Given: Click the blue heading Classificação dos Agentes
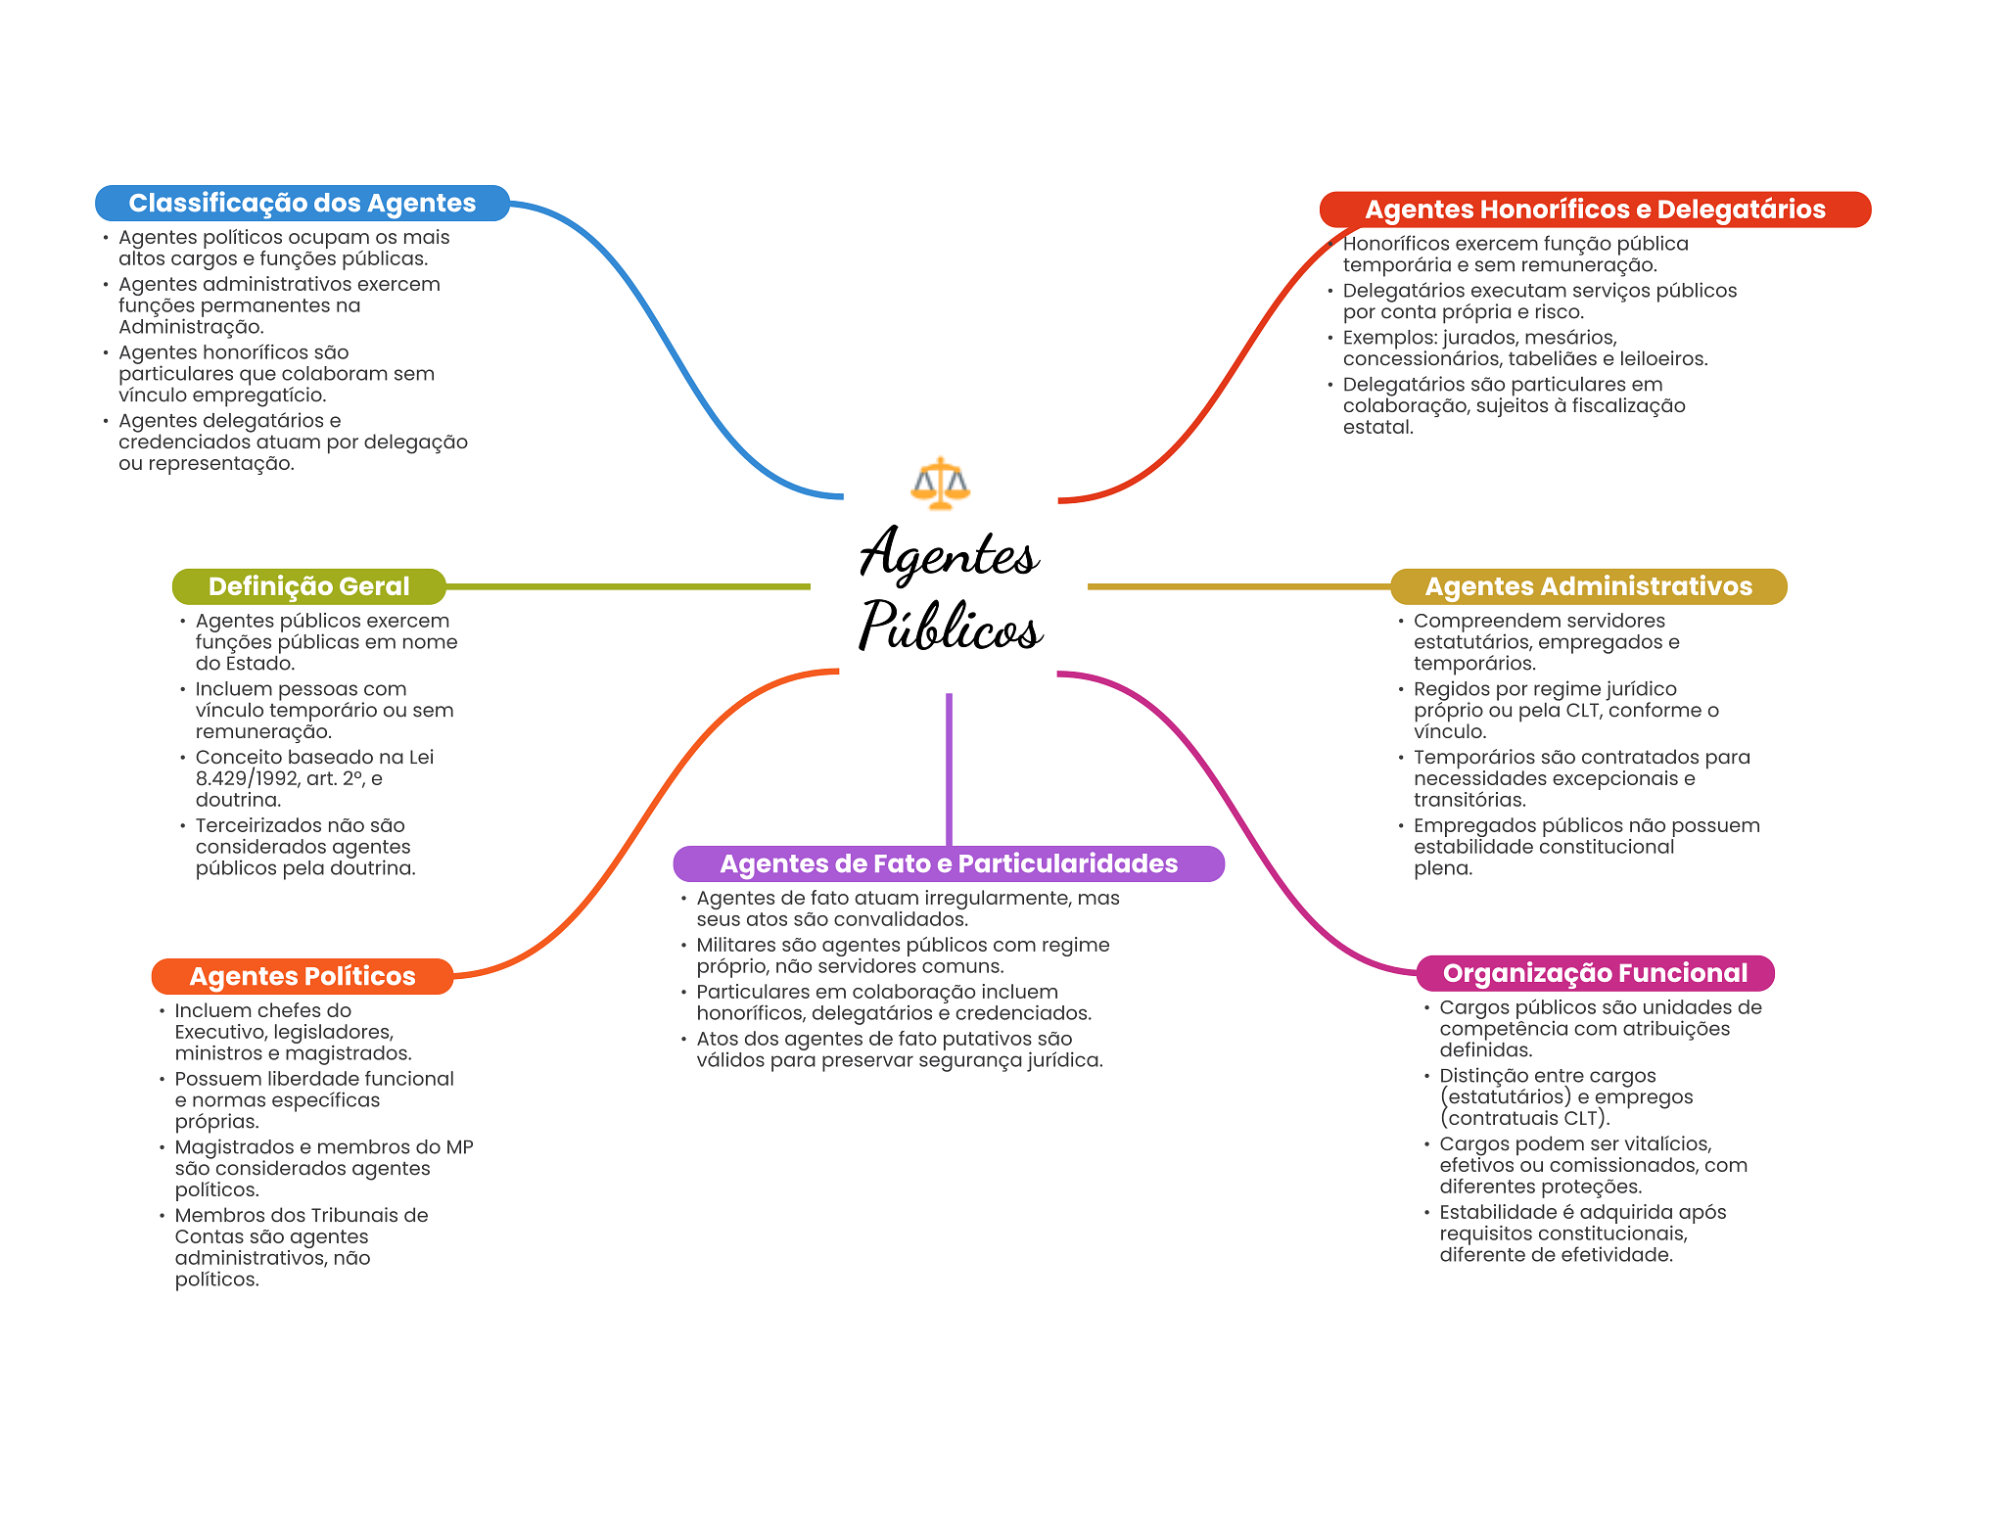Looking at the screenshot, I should [x=302, y=203].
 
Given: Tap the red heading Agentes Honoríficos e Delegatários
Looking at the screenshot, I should [x=1594, y=209].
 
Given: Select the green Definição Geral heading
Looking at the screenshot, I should [x=308, y=586].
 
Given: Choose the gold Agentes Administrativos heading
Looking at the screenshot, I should [x=1588, y=586].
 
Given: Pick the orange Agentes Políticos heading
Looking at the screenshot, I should [x=302, y=976].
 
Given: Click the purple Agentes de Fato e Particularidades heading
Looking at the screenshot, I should [x=948, y=863].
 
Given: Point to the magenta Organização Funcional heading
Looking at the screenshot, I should [x=1594, y=973].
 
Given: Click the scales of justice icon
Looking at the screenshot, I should [x=940, y=483].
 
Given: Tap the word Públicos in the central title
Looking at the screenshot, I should [x=950, y=627].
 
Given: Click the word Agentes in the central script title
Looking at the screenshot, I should [x=948, y=553].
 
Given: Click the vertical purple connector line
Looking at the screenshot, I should [x=949, y=768].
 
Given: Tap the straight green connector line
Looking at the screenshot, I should [x=627, y=586].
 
